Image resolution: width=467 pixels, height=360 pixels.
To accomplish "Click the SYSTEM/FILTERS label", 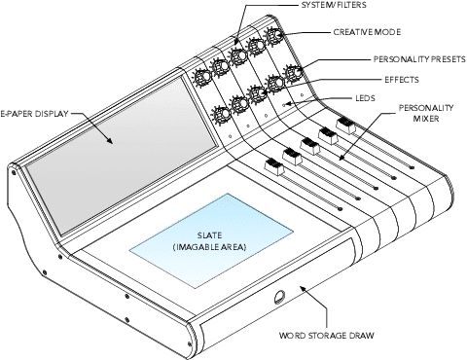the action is coord(334,5).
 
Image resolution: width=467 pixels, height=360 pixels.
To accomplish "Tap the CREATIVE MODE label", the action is coord(367,32).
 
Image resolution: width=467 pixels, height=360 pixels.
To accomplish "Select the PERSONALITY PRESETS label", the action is coord(419,59).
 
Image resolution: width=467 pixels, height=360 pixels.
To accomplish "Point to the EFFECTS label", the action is coord(402,80).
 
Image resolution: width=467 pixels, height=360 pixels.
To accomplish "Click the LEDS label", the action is coord(366,98).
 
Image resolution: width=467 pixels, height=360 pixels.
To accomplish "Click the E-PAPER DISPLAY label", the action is coord(34,114).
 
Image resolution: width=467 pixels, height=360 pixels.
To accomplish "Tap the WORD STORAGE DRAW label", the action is coord(327,336).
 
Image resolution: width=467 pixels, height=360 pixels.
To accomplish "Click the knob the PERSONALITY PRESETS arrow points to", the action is coord(294,72).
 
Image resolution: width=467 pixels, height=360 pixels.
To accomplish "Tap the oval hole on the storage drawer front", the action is coord(279,297).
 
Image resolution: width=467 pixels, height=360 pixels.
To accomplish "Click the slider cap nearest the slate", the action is coord(274,167).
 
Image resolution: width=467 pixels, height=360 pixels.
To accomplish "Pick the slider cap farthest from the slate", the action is coord(345,126).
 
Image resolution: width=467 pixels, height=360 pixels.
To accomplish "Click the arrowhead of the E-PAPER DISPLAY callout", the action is coord(109,140).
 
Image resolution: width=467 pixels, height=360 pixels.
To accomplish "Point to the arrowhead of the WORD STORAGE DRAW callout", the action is coord(303,288).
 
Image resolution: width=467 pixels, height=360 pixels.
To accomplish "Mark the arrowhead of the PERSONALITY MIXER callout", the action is coord(341,158).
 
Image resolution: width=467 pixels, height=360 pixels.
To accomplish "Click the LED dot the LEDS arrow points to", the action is coord(284,105).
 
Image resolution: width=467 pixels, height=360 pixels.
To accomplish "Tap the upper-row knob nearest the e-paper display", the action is coord(203,77).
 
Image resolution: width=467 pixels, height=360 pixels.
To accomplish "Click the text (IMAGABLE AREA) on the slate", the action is coord(209,247).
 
